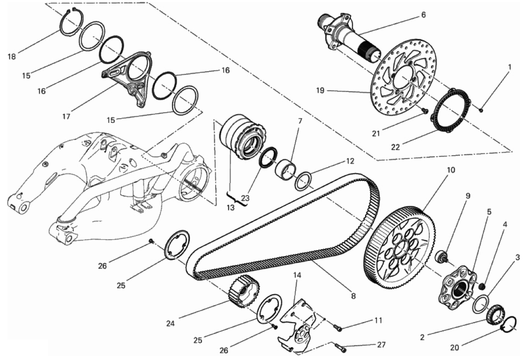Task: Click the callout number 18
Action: [x=12, y=56]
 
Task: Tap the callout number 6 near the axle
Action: [x=423, y=15]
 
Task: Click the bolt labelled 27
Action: [x=342, y=349]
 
